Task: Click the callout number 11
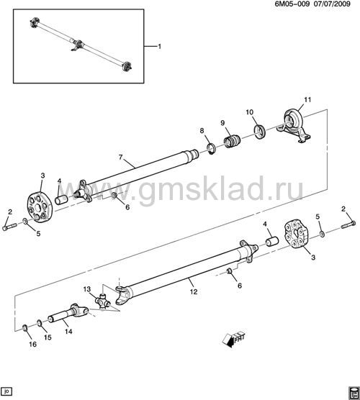pyautogui.click(x=307, y=99)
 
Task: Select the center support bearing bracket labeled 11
pyautogui.click(x=294, y=124)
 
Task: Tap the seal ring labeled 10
pyautogui.click(x=260, y=132)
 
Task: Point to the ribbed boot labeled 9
pyautogui.click(x=233, y=141)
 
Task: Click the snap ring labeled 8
pyautogui.click(x=212, y=149)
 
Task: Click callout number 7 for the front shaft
pyautogui.click(x=121, y=157)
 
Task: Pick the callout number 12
pyautogui.click(x=194, y=291)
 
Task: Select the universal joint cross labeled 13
pyautogui.click(x=103, y=301)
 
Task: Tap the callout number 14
pyautogui.click(x=68, y=332)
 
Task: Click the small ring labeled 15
pyautogui.click(x=40, y=324)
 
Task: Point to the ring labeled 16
pyautogui.click(x=25, y=328)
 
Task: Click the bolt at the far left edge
pyautogui.click(x=9, y=227)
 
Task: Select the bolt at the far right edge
pyautogui.click(x=348, y=225)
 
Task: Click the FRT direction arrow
pyautogui.click(x=233, y=340)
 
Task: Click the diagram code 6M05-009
pyautogui.click(x=292, y=4)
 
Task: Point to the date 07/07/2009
pyautogui.click(x=332, y=4)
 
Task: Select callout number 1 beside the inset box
pyautogui.click(x=160, y=47)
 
